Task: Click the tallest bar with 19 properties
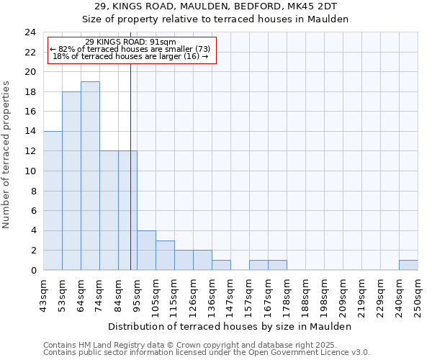pyautogui.click(x=90, y=176)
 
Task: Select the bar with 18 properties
pyautogui.click(x=71, y=181)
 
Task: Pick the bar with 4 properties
pyautogui.click(x=146, y=250)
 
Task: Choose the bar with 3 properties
pyautogui.click(x=165, y=255)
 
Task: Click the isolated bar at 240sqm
pyautogui.click(x=408, y=265)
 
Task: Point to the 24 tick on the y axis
pyautogui.click(x=30, y=32)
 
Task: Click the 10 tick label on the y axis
pyautogui.click(x=30, y=171)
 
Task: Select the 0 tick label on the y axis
pyautogui.click(x=33, y=271)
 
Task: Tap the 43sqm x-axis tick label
pyautogui.click(x=44, y=294)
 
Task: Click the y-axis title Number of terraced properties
pyautogui.click(x=7, y=155)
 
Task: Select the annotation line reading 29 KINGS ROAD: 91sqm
pyautogui.click(x=130, y=42)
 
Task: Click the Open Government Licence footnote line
pyautogui.click(x=207, y=353)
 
